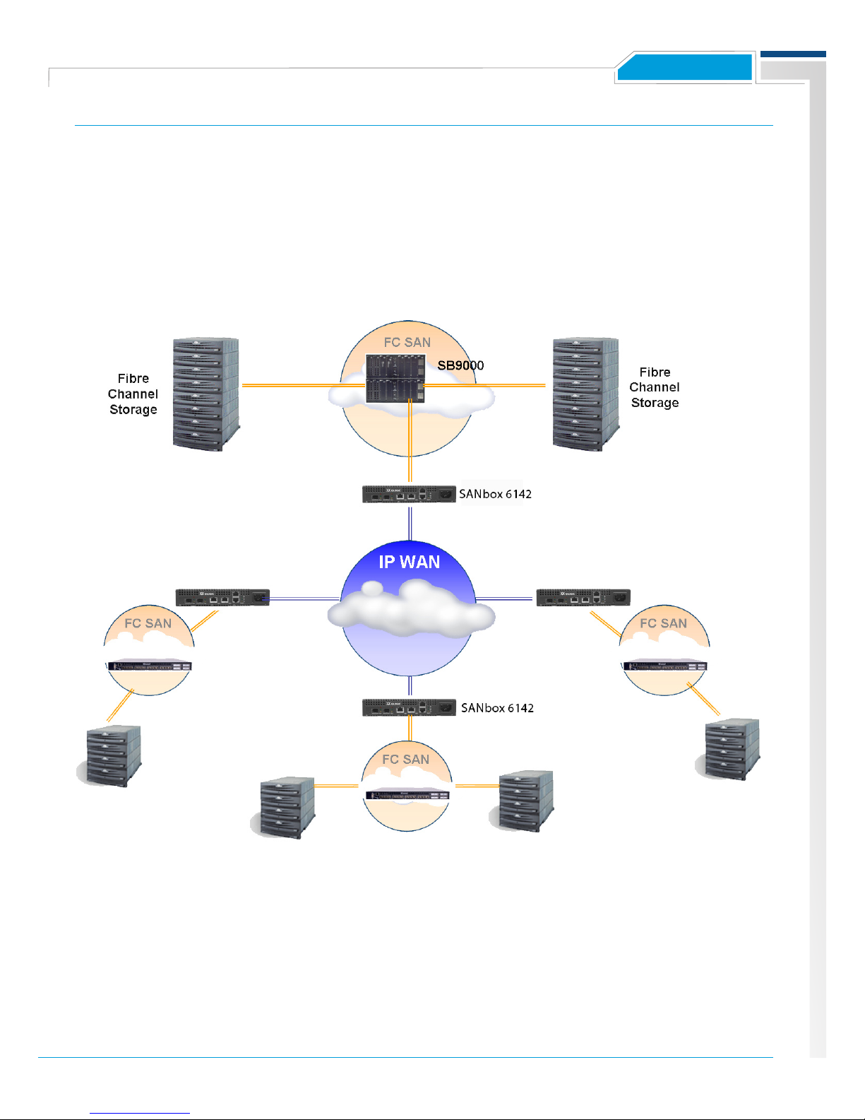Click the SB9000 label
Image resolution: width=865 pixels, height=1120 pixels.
[x=460, y=365]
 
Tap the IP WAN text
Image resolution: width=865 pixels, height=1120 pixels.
[x=409, y=562]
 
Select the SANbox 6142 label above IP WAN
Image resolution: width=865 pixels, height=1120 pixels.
[x=495, y=494]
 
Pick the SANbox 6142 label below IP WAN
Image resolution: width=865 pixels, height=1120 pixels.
[x=497, y=708]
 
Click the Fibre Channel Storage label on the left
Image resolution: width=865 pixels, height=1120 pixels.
[x=133, y=394]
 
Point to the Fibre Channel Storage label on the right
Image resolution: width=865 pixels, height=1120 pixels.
[x=655, y=387]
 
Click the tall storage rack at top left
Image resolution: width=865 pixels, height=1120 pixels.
[x=205, y=394]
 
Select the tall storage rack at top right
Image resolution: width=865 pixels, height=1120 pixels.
[x=585, y=394]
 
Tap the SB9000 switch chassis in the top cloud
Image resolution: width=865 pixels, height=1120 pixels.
[x=395, y=379]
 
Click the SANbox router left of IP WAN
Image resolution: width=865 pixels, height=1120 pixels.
[x=222, y=597]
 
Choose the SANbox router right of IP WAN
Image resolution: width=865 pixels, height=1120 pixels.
[x=583, y=597]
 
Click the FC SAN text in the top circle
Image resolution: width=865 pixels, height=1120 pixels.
[x=407, y=343]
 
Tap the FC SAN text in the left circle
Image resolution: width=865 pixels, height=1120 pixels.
[x=148, y=623]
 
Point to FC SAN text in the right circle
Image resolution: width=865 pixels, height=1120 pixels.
[x=663, y=623]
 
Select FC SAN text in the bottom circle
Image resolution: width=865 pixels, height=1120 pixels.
[x=405, y=760]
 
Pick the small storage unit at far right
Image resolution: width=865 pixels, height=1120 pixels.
[x=732, y=749]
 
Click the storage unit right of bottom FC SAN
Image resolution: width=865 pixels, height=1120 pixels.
[x=525, y=801]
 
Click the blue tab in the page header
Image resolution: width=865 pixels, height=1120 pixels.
[x=684, y=69]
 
